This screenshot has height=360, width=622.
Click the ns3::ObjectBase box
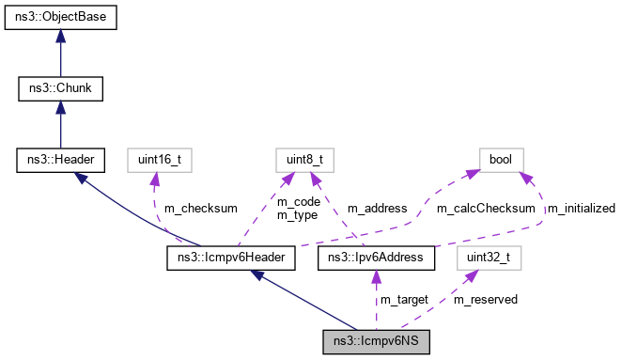coord(60,18)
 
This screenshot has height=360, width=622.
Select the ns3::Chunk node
coord(60,89)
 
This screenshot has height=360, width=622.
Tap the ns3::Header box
coord(60,161)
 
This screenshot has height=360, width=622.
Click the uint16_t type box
coord(153,161)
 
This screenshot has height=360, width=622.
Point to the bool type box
coord(501,161)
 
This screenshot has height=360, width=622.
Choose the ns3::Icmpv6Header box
coord(232,257)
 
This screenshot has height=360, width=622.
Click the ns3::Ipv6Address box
coord(376,257)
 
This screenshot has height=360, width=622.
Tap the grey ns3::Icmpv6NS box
coord(376,339)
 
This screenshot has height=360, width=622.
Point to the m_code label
coord(299,201)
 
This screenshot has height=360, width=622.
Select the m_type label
coord(297,215)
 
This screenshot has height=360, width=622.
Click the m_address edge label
coord(377,208)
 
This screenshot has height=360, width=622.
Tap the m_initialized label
coord(581,208)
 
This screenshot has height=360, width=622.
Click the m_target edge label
coord(404,299)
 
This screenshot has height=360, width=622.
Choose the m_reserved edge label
coord(485,299)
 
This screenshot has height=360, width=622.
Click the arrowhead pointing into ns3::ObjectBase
coord(60,36)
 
